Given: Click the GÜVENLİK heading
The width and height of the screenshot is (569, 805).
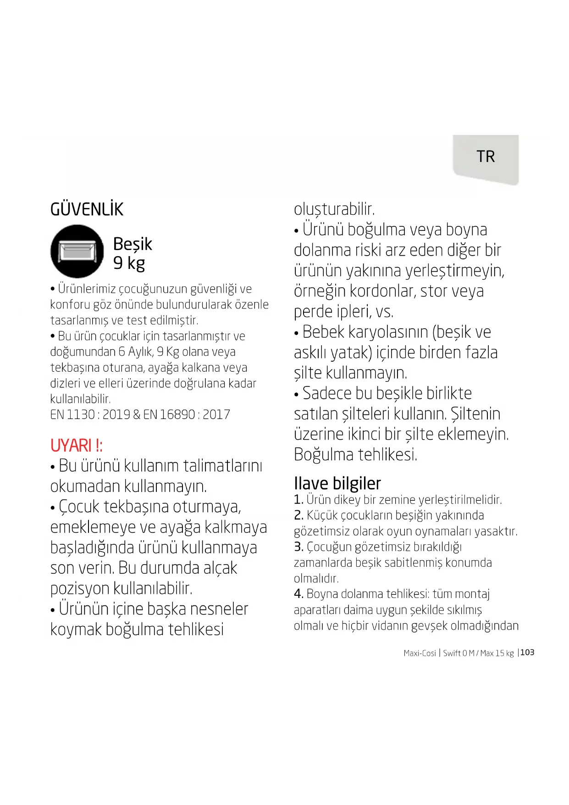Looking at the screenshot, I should pos(87,210).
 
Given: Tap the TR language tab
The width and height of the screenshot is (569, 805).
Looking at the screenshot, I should pos(486,157).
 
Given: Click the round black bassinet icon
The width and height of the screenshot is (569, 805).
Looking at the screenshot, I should pos(77,251).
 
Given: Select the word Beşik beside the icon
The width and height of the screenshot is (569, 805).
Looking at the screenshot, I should pos(132,244).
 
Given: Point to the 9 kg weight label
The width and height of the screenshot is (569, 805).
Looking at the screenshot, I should pos(129,263).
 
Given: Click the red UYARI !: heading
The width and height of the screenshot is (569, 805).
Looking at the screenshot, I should pos(76,446).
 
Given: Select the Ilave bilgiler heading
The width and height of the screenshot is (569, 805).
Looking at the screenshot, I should pos(337,483).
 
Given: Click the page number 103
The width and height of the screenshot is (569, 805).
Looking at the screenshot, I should pos(527,652).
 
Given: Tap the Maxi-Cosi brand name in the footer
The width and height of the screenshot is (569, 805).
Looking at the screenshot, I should pos(420,653).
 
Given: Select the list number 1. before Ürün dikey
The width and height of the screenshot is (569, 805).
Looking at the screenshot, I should pos(298,499).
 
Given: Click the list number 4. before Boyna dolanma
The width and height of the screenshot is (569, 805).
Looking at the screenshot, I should pos(298,594).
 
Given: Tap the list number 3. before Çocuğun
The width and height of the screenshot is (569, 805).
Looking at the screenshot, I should pos(298,547).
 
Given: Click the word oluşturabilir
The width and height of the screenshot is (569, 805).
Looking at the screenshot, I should pos(334,209).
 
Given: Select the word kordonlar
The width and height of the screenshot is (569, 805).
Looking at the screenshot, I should pos(382,291).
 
